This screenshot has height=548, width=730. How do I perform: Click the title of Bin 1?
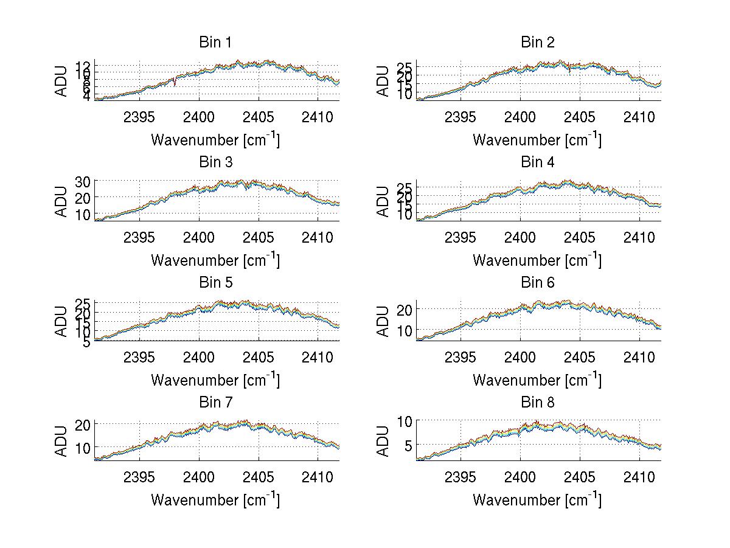(215, 43)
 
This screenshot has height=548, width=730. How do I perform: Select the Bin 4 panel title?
(538, 162)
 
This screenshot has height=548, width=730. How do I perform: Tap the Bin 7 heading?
(215, 403)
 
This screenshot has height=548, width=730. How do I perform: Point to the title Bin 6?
(538, 283)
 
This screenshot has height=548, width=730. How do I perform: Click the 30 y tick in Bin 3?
(83, 181)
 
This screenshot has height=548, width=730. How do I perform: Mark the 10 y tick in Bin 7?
(83, 447)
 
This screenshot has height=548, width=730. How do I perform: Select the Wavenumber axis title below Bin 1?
(215, 140)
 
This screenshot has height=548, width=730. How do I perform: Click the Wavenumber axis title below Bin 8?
(537, 500)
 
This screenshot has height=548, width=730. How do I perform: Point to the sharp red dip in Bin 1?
(175, 83)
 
